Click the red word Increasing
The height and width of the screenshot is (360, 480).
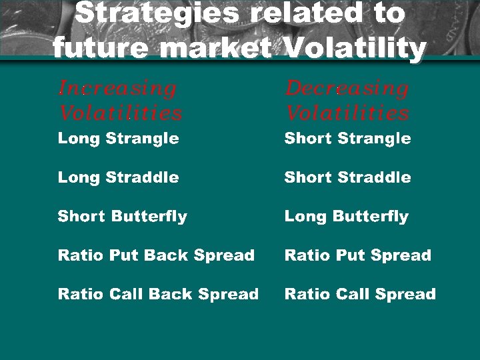click(x=117, y=89)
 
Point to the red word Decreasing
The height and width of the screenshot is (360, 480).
click(x=347, y=89)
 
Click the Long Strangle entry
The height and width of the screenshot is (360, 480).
click(x=118, y=139)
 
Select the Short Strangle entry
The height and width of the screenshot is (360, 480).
click(x=347, y=139)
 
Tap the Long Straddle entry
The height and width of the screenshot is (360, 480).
click(x=118, y=177)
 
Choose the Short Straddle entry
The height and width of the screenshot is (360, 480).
click(x=347, y=177)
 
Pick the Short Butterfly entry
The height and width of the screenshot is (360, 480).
click(x=122, y=217)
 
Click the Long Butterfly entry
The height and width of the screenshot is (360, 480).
click(x=346, y=217)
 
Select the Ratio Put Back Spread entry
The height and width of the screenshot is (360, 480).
click(x=156, y=255)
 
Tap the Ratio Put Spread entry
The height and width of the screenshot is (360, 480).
click(x=357, y=255)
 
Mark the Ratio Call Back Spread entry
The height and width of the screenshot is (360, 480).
click(x=158, y=294)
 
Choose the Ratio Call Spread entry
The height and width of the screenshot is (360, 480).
click(x=360, y=294)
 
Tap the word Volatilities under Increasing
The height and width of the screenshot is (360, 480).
click(x=120, y=113)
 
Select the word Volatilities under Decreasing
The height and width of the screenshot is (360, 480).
click(x=347, y=113)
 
